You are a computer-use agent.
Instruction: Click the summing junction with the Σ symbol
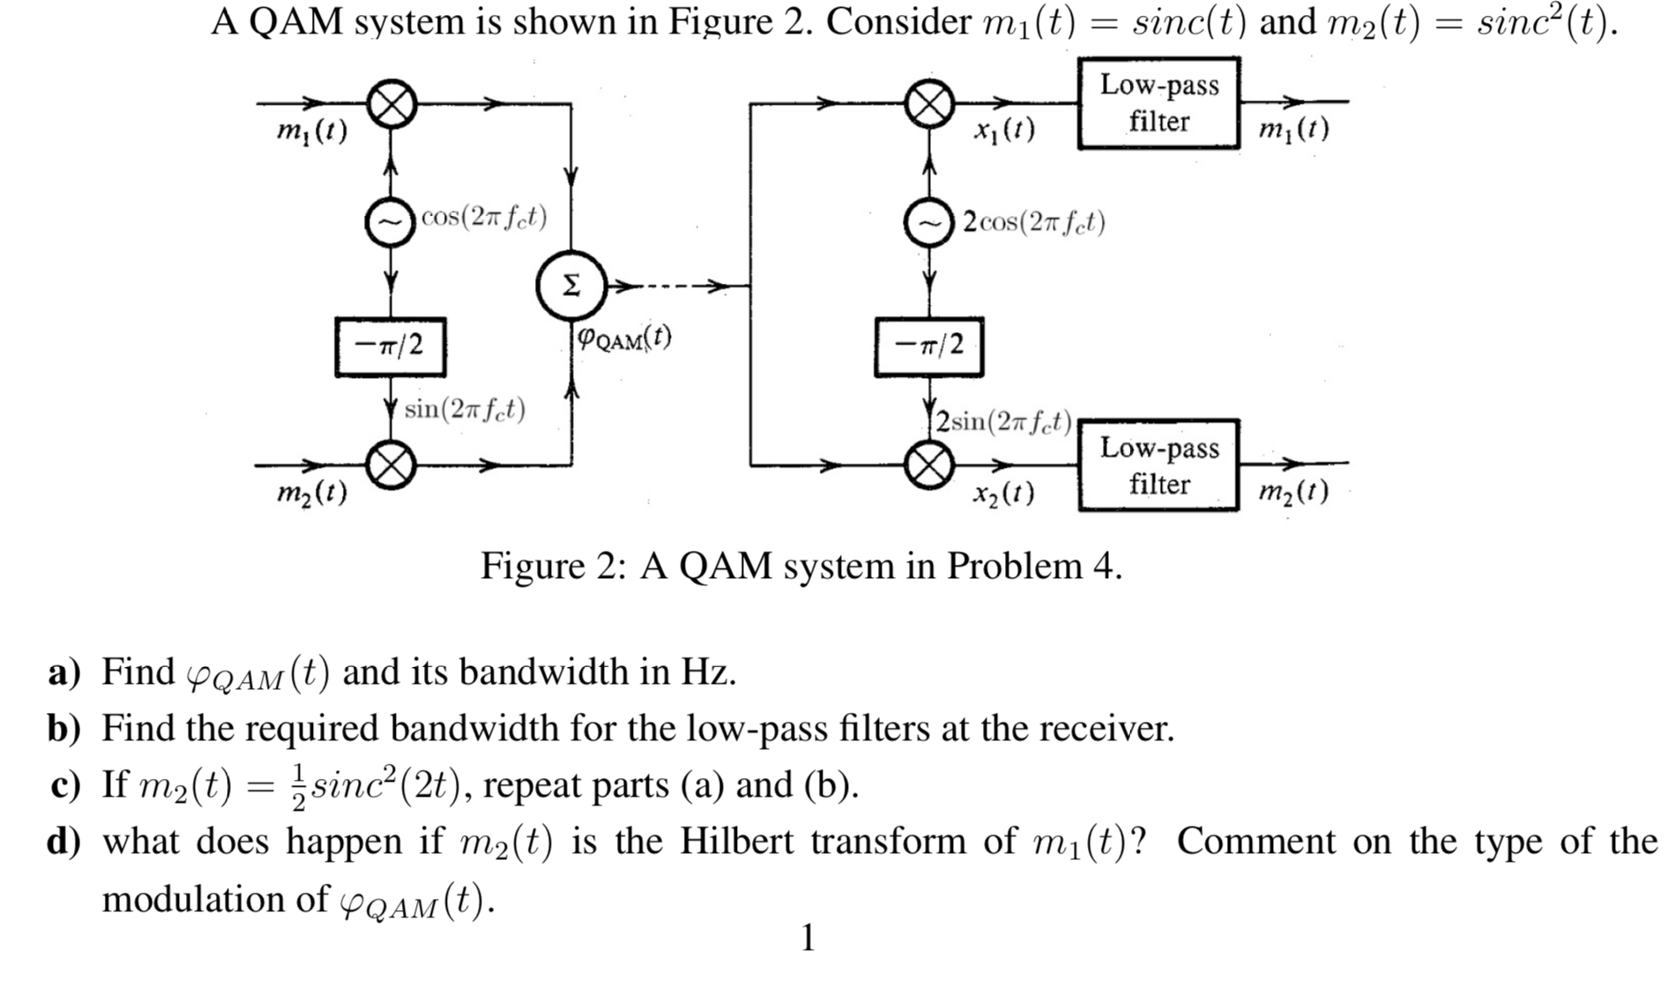(571, 286)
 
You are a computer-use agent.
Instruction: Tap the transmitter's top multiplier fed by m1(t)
(391, 105)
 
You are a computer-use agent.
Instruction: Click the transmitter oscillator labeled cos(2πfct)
(391, 221)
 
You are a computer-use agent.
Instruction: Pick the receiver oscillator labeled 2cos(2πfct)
(928, 223)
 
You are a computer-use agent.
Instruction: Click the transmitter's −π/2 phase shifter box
(391, 346)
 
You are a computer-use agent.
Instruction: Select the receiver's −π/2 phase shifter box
(928, 346)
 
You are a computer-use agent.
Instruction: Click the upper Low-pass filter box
(1158, 103)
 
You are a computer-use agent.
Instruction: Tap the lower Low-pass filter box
(1158, 465)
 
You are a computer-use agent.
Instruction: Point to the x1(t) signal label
(1004, 130)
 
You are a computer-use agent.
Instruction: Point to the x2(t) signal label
(1004, 493)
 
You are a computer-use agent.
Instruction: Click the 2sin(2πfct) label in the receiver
(1004, 421)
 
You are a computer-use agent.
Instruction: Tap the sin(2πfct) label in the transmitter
(465, 409)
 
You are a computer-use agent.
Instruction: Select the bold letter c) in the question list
(64, 785)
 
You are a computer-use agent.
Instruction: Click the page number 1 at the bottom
(807, 938)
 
